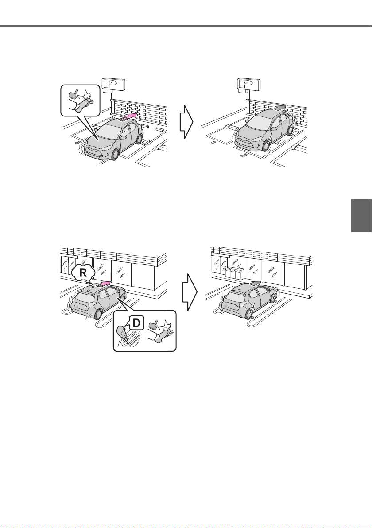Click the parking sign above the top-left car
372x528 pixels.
coord(113,84)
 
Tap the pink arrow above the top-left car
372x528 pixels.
coord(128,118)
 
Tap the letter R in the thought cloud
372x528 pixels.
coord(83,273)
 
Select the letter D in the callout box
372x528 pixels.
coord(136,323)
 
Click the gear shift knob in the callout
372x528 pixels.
coord(121,333)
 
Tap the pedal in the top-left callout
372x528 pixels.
coord(72,95)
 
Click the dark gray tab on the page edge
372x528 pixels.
coord(361,216)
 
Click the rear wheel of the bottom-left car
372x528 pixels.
coord(98,314)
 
